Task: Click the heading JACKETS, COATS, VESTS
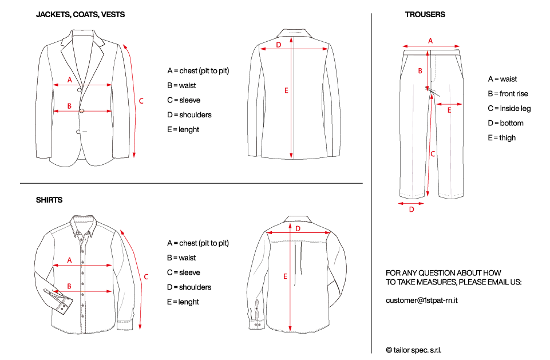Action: click(x=80, y=14)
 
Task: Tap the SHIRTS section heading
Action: click(x=49, y=200)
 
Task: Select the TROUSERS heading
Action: click(x=425, y=14)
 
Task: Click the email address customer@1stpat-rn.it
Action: click(x=425, y=300)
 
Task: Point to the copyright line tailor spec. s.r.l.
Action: click(x=414, y=350)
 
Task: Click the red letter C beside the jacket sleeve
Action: click(x=141, y=101)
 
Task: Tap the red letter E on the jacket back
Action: click(x=286, y=90)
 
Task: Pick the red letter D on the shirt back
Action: click(x=298, y=228)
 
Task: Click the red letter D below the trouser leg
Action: click(x=411, y=210)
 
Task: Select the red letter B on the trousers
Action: click(x=420, y=71)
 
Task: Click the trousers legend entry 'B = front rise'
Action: click(x=508, y=94)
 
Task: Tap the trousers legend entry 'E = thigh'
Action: click(x=501, y=138)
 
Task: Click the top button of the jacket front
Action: click(x=80, y=90)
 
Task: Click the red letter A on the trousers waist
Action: click(x=430, y=40)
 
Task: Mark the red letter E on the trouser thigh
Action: click(x=449, y=110)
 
